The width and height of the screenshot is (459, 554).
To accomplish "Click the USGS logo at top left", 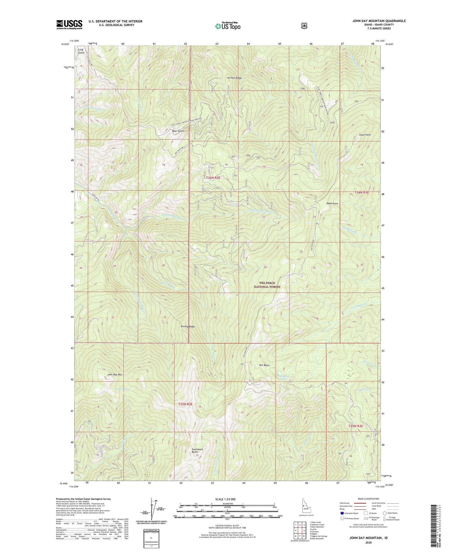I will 69,24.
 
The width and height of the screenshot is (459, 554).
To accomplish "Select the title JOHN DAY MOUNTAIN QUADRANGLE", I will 379,21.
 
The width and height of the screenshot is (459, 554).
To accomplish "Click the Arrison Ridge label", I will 234,78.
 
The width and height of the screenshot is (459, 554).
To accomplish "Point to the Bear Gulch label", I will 178,131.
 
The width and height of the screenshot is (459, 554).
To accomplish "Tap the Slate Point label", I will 365,135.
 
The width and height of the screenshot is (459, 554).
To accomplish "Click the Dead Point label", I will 332,203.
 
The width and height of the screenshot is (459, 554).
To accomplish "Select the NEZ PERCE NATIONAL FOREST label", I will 267,285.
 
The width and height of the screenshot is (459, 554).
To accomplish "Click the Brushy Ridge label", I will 187,326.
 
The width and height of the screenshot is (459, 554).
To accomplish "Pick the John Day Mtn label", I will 115,375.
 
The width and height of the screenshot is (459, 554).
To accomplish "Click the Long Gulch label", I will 81,51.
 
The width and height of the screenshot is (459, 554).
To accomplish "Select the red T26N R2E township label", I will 213,178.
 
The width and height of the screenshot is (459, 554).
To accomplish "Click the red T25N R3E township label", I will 355,426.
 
